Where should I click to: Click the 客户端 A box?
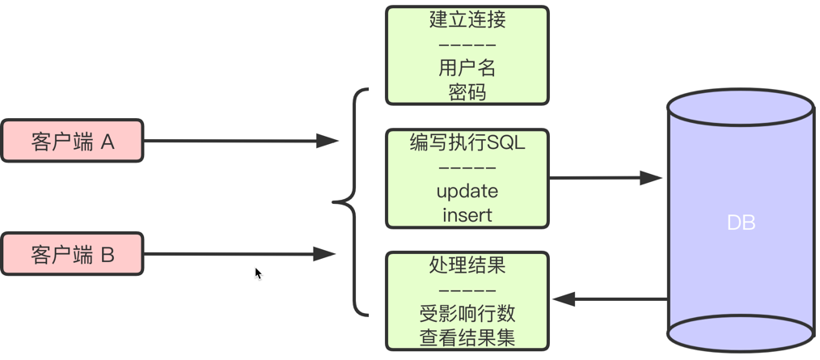[72, 142]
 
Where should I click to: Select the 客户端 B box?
[72, 255]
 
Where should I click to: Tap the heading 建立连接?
[467, 19]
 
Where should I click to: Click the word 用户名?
[467, 68]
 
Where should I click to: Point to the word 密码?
[467, 91]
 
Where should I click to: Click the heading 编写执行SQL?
[467, 143]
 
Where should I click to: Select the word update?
[467, 192]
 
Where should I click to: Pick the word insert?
[467, 215]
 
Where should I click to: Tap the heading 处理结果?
[467, 265]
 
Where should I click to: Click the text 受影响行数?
[467, 314]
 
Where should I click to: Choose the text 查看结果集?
[467, 337]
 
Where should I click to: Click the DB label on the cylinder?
[741, 222]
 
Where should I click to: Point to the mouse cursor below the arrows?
[258, 273]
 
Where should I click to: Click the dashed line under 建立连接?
[467, 44]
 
